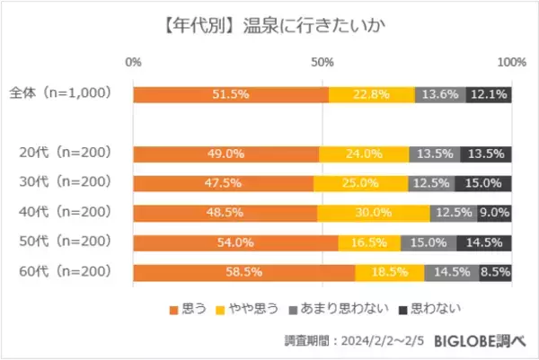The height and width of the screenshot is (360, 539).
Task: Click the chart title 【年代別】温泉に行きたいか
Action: tap(269, 21)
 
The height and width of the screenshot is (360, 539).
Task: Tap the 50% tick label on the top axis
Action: tap(323, 62)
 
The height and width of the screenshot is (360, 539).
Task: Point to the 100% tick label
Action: tap(511, 62)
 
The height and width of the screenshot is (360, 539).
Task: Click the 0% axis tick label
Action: tap(134, 62)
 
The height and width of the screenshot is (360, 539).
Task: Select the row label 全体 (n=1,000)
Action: tap(59, 93)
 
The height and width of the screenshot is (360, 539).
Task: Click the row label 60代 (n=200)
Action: tap(65, 273)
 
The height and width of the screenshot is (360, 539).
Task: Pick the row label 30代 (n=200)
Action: tap(65, 183)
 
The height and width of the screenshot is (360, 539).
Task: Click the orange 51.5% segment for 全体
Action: tap(231, 94)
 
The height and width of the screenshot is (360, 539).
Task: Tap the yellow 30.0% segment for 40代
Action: tap(373, 214)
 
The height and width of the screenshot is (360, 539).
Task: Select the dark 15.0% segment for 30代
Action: tap(483, 184)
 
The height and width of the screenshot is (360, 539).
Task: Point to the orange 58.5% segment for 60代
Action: tap(243, 273)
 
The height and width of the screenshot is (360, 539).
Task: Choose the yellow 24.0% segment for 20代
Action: tap(364, 154)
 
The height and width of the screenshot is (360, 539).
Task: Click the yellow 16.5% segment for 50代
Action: tap(368, 243)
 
